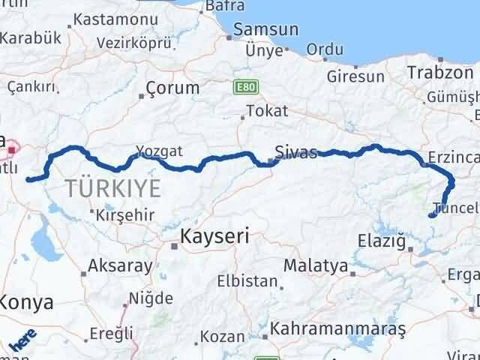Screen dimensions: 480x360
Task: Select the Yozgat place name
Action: (x=159, y=151)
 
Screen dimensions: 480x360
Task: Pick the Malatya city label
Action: (x=315, y=265)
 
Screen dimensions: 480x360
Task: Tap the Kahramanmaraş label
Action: (x=337, y=329)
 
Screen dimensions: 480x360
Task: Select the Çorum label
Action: (x=173, y=88)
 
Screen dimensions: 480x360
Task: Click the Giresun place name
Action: (x=355, y=76)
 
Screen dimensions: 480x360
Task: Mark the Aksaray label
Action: (x=120, y=265)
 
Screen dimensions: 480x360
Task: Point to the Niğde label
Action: (x=150, y=298)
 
